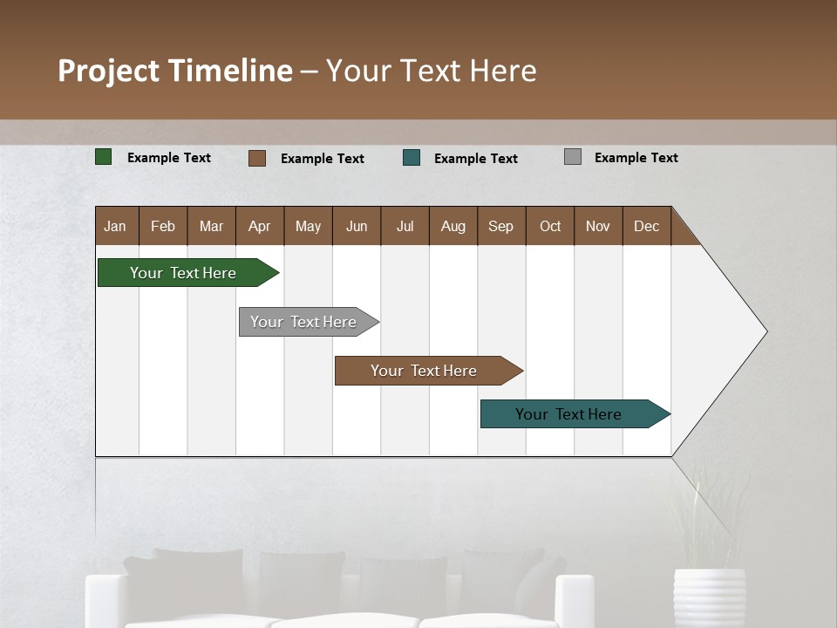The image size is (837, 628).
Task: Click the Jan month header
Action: click(115, 226)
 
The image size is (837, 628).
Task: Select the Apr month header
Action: click(259, 226)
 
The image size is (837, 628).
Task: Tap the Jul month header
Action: click(405, 226)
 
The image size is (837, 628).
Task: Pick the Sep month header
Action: click(500, 226)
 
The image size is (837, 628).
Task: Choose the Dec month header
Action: click(646, 226)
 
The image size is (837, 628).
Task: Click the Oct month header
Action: click(550, 226)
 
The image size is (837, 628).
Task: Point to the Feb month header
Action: click(163, 226)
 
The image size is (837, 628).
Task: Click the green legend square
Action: click(103, 157)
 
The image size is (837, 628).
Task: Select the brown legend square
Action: click(257, 158)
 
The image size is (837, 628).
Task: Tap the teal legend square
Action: click(412, 158)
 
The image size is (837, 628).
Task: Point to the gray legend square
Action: click(573, 157)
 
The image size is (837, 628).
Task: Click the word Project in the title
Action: click(107, 71)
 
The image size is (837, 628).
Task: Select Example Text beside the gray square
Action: click(636, 158)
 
